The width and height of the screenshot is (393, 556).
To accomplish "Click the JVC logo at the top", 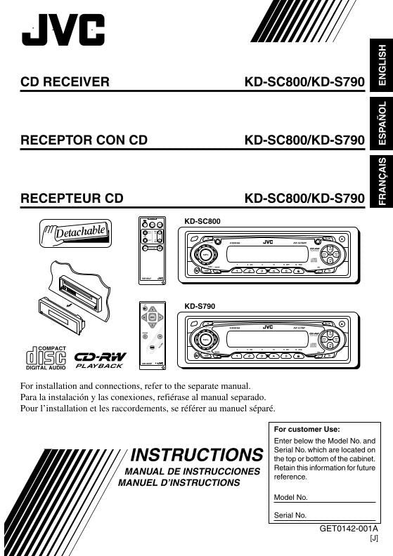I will click(x=63, y=31).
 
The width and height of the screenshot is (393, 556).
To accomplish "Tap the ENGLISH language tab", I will click(x=382, y=66).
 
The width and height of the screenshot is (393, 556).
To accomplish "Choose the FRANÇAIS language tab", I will click(x=382, y=180).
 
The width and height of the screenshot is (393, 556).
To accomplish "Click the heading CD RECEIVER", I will click(x=65, y=82).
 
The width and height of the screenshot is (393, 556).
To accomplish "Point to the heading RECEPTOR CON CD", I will click(x=84, y=140).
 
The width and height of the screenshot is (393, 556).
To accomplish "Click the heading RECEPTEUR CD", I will click(x=72, y=199).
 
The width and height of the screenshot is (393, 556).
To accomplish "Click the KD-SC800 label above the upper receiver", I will click(x=202, y=221).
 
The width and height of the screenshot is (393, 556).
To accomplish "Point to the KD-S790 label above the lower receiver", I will click(x=200, y=307).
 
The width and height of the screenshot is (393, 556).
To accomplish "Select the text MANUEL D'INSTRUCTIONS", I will click(x=179, y=483).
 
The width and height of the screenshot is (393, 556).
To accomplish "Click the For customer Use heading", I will click(x=307, y=429).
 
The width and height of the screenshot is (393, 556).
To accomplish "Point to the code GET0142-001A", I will click(x=349, y=529).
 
